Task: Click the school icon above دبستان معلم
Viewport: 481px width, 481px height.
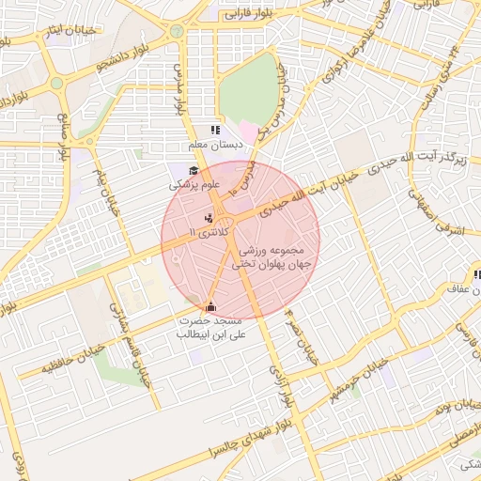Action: coord(215,131)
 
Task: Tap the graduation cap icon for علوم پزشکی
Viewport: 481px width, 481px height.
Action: coord(194,170)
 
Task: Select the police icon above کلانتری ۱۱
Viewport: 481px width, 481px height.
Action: coord(209,218)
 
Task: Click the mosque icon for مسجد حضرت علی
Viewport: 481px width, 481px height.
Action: coord(209,306)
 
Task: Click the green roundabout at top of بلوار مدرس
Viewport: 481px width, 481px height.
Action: coord(176,31)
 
